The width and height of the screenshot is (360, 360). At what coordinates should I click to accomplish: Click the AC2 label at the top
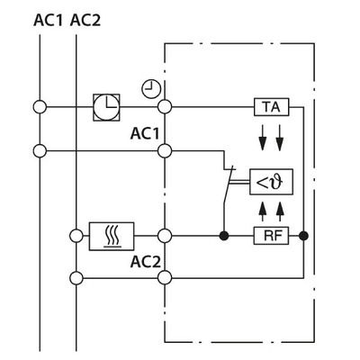[x=85, y=19]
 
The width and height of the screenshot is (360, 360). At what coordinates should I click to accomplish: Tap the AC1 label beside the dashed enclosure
[x=144, y=133]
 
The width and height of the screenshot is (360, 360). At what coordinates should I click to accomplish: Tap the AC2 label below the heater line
[x=144, y=262]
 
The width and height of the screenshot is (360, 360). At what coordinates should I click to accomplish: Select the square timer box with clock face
[x=106, y=106]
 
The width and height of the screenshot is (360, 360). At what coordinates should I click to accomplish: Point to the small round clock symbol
[x=151, y=87]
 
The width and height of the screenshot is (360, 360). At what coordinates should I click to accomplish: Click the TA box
[x=269, y=106]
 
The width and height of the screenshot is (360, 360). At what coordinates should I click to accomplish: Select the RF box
[x=269, y=236]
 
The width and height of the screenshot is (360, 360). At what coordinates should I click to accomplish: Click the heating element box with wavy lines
[x=112, y=236]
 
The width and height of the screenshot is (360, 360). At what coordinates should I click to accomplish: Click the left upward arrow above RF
[x=262, y=209]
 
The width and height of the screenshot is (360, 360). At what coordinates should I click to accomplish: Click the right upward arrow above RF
[x=280, y=209]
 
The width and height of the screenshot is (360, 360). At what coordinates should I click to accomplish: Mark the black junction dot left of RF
[x=223, y=236]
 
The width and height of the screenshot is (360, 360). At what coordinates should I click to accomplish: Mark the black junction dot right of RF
[x=303, y=236]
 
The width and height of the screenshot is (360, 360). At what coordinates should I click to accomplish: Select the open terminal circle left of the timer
[x=40, y=106]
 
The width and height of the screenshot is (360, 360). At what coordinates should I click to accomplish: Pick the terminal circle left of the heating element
[x=76, y=236]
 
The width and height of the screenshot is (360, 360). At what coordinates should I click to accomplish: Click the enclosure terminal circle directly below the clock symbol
[x=165, y=106]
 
